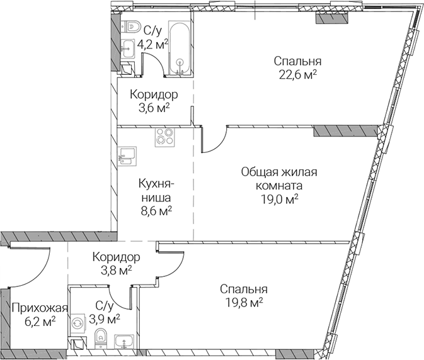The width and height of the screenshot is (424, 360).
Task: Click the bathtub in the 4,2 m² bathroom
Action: point(179,47)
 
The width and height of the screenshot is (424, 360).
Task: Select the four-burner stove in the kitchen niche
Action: point(164,137)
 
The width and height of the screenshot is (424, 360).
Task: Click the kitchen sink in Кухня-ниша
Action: point(127,156)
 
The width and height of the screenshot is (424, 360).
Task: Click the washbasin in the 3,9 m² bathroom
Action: point(124,342)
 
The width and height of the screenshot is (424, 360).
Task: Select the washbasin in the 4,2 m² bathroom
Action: point(127,48)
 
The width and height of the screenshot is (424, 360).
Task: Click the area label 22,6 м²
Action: point(298,75)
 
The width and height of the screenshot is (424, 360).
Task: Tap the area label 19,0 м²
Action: point(279,200)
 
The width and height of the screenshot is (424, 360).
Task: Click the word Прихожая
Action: point(40,308)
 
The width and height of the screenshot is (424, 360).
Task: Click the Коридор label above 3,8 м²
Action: point(117,257)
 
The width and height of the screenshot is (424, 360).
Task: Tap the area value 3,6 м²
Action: point(154,108)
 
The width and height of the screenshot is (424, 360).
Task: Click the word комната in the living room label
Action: point(279,186)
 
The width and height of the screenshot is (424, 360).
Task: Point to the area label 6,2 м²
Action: point(40,322)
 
